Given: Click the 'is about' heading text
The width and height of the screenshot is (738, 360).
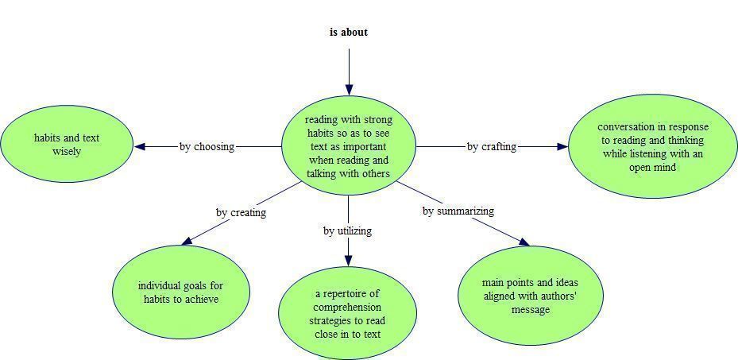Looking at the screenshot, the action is pyautogui.click(x=348, y=32).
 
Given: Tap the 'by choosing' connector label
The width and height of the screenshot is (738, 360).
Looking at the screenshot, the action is pyautogui.click(x=207, y=146).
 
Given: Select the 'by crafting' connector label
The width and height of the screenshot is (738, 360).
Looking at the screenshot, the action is pyautogui.click(x=492, y=147).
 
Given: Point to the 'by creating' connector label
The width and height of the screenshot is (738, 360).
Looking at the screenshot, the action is pyautogui.click(x=241, y=212).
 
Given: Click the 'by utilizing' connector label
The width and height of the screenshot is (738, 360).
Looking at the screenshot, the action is pyautogui.click(x=347, y=230).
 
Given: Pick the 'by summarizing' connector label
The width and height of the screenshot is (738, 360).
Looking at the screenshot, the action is pyautogui.click(x=458, y=211).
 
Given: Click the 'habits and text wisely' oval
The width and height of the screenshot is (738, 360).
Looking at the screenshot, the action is pyautogui.click(x=67, y=144).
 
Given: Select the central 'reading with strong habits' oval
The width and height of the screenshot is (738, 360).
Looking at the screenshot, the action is pyautogui.click(x=348, y=146).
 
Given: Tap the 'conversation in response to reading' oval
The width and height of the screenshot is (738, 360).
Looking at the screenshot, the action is pyautogui.click(x=653, y=146).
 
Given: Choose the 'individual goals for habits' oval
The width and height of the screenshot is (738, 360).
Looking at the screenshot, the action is pyautogui.click(x=181, y=292).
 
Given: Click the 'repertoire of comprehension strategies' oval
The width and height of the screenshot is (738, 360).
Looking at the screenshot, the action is pyautogui.click(x=348, y=313).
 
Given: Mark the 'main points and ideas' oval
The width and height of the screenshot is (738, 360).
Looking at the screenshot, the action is pyautogui.click(x=531, y=296).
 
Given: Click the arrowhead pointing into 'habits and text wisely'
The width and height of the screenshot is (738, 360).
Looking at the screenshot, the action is pyautogui.click(x=140, y=146).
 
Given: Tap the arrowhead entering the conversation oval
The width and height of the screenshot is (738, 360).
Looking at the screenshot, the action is pyautogui.click(x=562, y=147).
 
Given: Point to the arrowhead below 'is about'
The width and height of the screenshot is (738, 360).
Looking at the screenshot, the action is pyautogui.click(x=349, y=91).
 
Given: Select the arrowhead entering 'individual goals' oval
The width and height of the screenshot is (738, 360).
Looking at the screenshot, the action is pyautogui.click(x=187, y=241).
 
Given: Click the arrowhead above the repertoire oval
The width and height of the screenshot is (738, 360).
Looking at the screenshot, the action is pyautogui.click(x=348, y=261).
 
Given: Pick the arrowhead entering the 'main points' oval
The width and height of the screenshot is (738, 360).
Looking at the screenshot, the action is pyautogui.click(x=524, y=242).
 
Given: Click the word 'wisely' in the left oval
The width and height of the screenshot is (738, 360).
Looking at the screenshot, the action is pyautogui.click(x=67, y=152).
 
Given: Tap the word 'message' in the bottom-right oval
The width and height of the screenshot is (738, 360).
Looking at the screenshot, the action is pyautogui.click(x=531, y=310).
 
